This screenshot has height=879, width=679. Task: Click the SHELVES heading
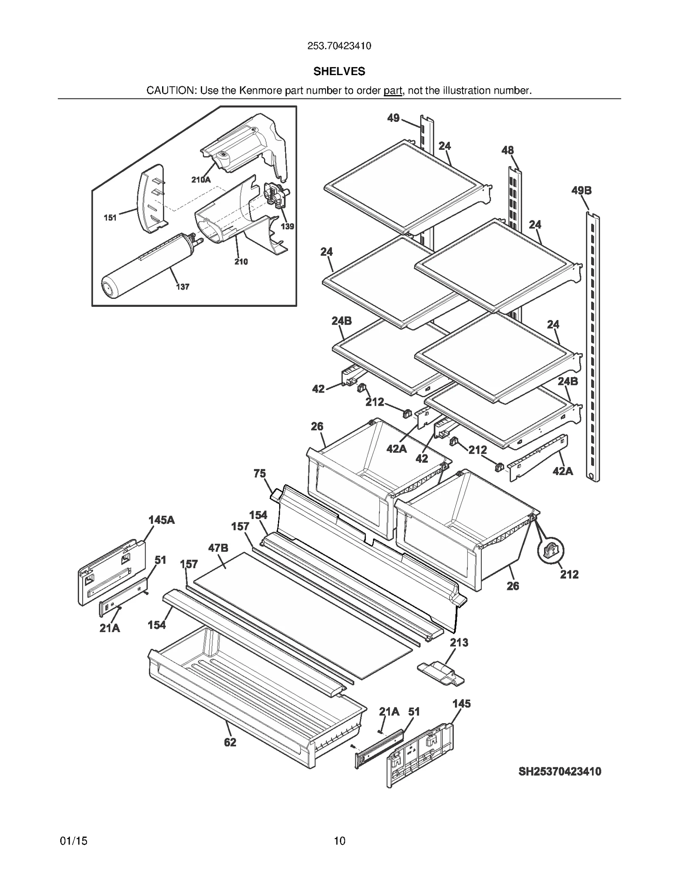339,71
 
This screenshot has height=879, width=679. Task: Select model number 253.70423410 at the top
339,46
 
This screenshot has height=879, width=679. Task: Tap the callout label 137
182,287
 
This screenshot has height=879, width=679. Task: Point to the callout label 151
110,218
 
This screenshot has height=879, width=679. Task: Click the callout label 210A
201,180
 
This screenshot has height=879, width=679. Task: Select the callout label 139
287,226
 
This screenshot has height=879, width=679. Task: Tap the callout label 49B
581,191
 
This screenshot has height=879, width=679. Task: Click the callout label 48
507,150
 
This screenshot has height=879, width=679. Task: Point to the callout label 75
260,473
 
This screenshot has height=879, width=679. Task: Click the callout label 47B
218,548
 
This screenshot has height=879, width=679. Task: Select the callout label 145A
161,520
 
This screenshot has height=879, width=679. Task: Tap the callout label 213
459,643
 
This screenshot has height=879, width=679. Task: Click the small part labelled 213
441,673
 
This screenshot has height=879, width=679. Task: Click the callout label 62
230,742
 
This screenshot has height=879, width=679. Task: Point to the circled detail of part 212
550,551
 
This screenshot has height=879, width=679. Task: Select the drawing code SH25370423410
559,772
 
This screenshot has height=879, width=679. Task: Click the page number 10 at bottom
339,841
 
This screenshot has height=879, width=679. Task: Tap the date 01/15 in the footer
74,841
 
